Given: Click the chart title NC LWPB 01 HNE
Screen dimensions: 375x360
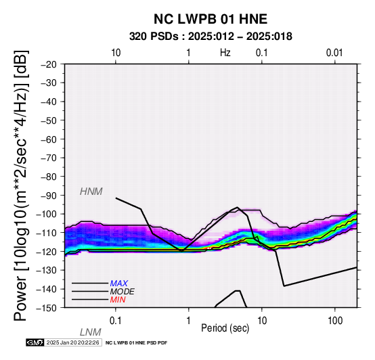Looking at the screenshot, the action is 211,19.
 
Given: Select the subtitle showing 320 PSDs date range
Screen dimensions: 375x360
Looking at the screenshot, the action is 211,37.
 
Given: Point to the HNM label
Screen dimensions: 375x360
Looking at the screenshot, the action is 91,192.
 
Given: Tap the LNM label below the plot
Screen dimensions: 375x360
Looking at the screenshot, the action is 91,332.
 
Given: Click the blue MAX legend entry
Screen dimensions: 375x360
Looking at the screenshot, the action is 119,284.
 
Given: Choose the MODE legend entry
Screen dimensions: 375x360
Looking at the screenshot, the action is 123,292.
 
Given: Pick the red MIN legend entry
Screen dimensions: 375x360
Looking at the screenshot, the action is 118,300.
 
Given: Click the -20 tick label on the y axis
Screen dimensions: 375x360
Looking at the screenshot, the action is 49,64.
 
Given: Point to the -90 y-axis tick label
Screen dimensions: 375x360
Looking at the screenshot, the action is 49,196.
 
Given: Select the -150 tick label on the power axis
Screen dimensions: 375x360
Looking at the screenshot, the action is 47,308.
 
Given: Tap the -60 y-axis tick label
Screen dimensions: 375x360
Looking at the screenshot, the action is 49,139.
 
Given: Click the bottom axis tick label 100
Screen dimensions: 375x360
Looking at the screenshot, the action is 335,321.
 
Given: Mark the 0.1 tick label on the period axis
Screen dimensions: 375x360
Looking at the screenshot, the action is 116,321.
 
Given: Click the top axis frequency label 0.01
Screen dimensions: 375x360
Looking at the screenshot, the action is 334,53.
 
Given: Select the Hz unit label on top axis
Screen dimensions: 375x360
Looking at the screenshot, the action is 225,53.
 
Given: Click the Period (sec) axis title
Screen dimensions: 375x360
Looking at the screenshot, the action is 225,328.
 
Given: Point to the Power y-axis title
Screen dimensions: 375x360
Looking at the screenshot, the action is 21,185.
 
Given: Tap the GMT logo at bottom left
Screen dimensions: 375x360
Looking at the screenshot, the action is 35,342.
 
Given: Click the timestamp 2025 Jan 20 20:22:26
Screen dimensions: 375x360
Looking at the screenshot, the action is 73,342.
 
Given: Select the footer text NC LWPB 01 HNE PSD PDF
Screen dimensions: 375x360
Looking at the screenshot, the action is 137,343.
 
